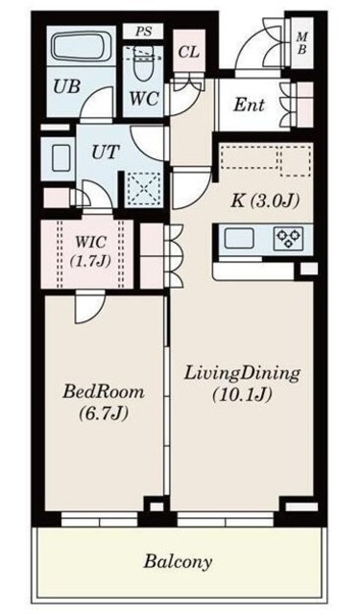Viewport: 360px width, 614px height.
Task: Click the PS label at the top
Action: (x=143, y=32)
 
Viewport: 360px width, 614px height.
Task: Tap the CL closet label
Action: (x=188, y=51)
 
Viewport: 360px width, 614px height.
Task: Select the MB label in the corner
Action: (x=300, y=44)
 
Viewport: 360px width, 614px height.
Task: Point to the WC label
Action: (x=143, y=99)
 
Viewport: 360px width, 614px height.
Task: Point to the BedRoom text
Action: (x=104, y=391)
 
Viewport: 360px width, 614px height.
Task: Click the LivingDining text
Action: (x=243, y=372)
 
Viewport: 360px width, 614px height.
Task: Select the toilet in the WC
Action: (x=144, y=62)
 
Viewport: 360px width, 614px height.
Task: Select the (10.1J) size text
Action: (x=243, y=395)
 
